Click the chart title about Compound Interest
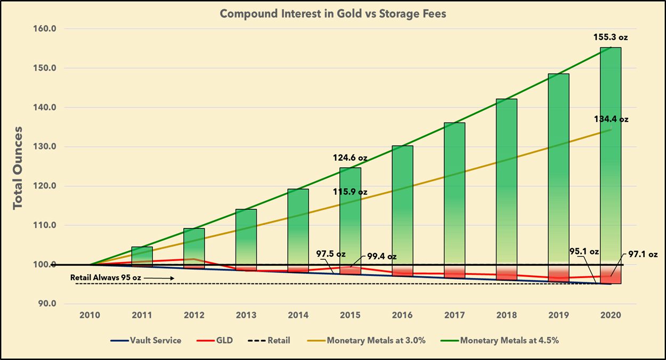[x=333, y=14]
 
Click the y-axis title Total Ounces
[x=18, y=167]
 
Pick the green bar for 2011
[x=142, y=256]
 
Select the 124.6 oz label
[x=350, y=158]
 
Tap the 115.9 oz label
[x=350, y=192]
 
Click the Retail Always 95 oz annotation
[x=113, y=277]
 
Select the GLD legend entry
[x=220, y=340]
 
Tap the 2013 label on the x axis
[x=246, y=315]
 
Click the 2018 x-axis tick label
[x=507, y=315]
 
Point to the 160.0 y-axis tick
[x=46, y=29]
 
